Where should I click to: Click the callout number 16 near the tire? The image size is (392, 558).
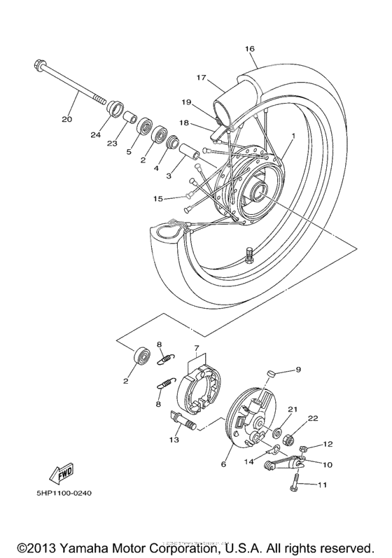250,48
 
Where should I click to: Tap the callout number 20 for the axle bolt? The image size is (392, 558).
66,119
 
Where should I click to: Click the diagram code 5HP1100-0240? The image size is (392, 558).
64,492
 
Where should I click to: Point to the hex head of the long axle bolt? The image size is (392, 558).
38,67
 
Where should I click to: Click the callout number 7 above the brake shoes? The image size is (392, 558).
197,347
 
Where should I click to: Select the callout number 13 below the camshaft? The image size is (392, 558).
173,440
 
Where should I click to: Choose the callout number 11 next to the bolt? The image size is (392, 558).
322,484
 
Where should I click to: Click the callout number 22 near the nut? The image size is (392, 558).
311,418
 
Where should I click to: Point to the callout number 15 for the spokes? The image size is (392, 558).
158,199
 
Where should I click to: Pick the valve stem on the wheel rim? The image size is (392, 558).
248,256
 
